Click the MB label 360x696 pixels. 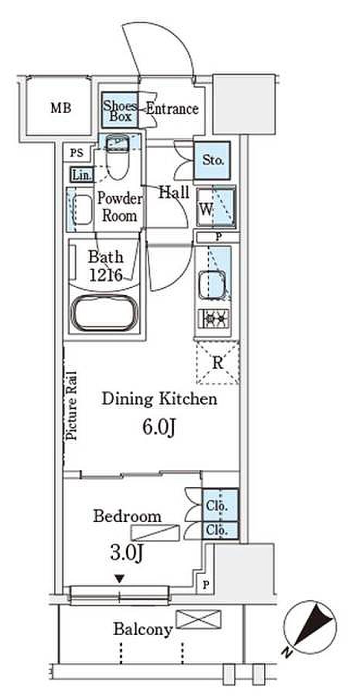click(x=61, y=108)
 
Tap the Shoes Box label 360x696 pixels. click(x=120, y=110)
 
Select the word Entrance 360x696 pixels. click(x=172, y=109)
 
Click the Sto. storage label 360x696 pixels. click(x=213, y=160)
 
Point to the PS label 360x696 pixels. click(x=77, y=153)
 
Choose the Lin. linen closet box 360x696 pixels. click(x=82, y=175)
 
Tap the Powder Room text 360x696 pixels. click(x=120, y=207)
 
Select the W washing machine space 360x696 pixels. click(x=216, y=208)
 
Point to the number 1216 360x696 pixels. click(x=105, y=275)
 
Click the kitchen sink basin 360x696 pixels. click(x=213, y=284)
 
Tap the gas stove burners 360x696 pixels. click(x=214, y=319)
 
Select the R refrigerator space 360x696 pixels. click(x=218, y=363)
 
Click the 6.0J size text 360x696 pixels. click(x=159, y=427)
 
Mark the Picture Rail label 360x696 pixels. click(x=72, y=406)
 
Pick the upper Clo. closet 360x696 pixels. click(x=220, y=506)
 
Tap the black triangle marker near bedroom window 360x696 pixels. click(x=120, y=579)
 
